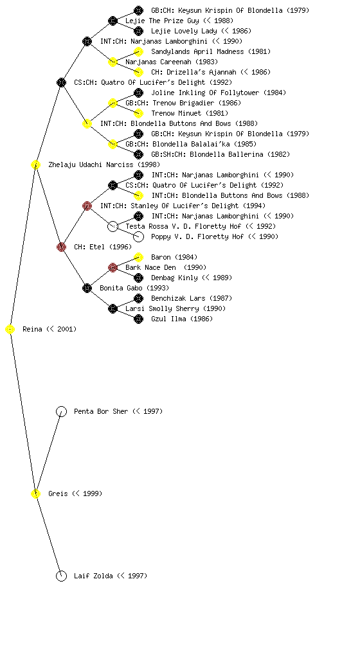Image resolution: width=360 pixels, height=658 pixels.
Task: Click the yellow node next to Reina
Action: [x=10, y=330]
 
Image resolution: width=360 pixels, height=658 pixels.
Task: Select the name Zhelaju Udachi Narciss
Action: [x=91, y=164]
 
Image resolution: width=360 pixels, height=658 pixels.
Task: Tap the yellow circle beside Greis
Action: [x=35, y=494]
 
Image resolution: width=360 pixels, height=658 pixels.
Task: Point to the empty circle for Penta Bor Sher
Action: [x=61, y=412]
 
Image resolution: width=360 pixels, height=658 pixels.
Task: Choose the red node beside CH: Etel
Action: [x=61, y=247]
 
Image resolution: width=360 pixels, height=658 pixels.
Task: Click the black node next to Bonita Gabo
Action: [x=87, y=288]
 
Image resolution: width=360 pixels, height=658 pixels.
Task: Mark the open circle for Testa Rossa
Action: [x=113, y=227]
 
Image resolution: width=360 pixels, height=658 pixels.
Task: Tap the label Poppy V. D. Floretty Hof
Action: [x=197, y=236]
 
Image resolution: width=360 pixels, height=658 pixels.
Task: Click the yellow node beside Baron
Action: [x=138, y=257]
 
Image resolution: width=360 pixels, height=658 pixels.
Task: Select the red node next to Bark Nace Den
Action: [x=113, y=267]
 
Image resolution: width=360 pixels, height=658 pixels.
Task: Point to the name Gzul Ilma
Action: [x=169, y=319]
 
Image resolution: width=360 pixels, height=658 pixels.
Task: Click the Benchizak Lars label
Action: [x=178, y=298]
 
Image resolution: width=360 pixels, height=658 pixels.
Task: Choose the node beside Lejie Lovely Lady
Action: [x=138, y=31]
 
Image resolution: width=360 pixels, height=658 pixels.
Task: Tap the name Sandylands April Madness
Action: [x=197, y=51]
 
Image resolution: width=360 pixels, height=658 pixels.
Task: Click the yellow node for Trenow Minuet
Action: [x=138, y=113]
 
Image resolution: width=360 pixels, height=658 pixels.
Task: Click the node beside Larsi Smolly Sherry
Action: [x=113, y=309]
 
